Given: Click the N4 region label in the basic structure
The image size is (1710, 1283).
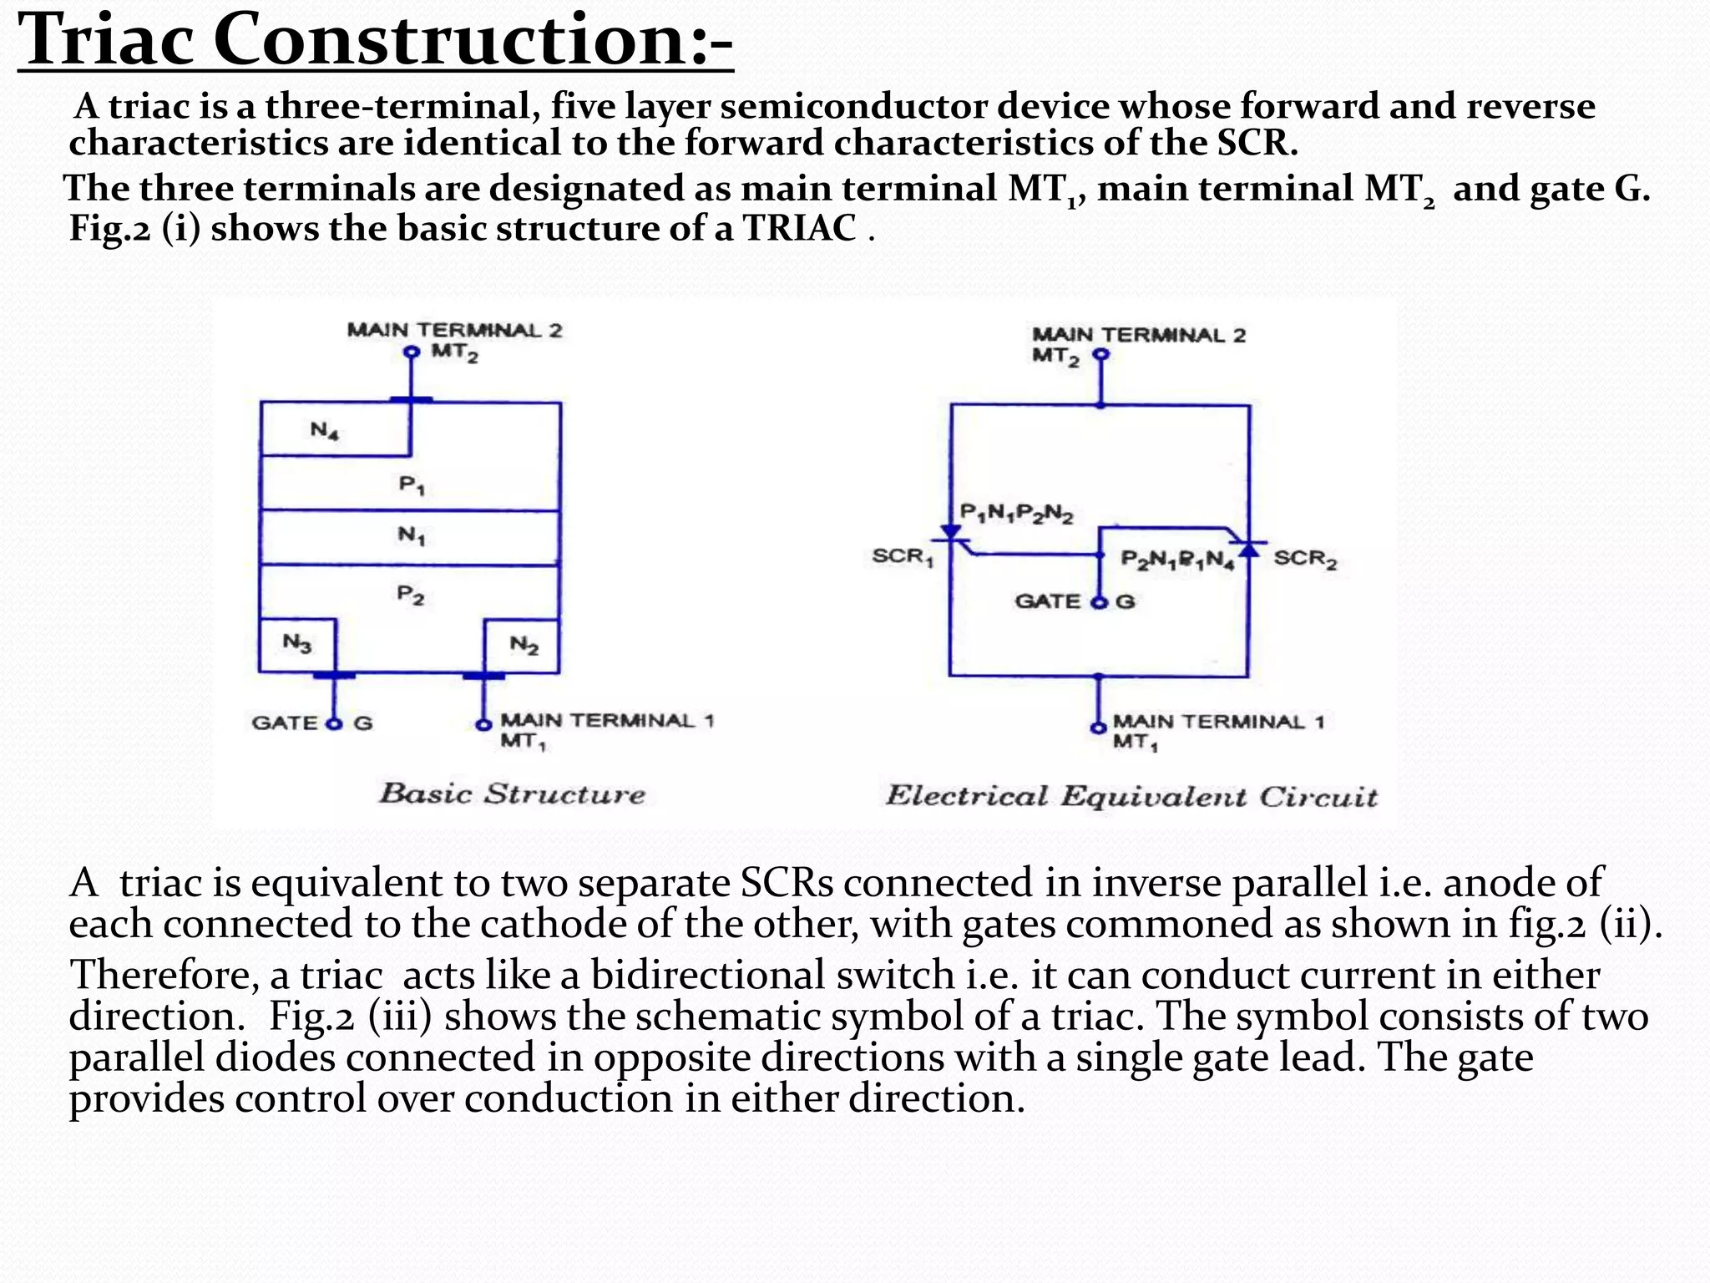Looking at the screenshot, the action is (x=324, y=431).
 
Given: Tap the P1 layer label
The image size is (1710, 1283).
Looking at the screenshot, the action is (x=412, y=484).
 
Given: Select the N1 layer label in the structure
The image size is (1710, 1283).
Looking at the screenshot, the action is (x=412, y=535).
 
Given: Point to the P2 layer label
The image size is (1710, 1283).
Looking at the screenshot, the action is (x=410, y=595).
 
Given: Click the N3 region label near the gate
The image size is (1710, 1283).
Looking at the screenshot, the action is (x=297, y=643).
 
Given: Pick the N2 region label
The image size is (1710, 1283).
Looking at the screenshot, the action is (x=524, y=645).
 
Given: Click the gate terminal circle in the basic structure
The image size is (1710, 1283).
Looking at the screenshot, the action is (x=335, y=723).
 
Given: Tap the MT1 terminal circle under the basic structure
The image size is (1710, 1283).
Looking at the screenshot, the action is (x=483, y=724).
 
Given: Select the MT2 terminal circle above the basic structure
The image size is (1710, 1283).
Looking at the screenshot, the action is (x=410, y=352).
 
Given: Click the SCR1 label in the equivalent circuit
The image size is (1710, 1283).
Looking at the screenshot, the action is (x=902, y=557).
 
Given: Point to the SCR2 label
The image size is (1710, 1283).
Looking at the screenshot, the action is (x=1305, y=559).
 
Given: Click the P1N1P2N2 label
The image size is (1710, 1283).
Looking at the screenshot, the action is (x=1016, y=512).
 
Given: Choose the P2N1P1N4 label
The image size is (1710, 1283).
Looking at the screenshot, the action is (x=1177, y=560).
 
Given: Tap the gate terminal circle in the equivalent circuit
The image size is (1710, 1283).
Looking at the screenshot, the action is (x=1099, y=603).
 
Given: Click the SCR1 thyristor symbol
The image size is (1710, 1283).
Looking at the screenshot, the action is (x=951, y=535).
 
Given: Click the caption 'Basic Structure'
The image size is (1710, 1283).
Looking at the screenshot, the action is (x=512, y=794).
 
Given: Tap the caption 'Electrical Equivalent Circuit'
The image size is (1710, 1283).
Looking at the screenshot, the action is (x=1131, y=796).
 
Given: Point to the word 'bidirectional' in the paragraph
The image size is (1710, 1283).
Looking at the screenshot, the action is (x=772, y=975).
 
